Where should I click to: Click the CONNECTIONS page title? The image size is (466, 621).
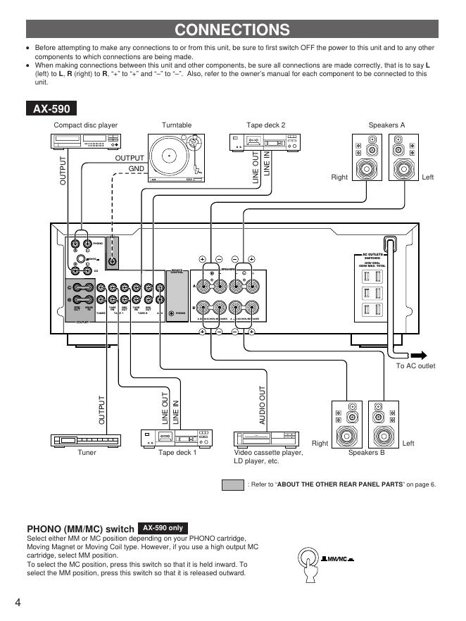(232, 30)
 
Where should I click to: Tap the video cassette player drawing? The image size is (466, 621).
(267, 437)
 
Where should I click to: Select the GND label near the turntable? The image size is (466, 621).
(137, 169)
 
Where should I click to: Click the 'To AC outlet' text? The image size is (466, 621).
(416, 366)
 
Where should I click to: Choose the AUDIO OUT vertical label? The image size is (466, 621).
(263, 404)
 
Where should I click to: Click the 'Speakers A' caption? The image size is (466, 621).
(386, 125)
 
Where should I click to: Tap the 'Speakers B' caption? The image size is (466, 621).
(367, 453)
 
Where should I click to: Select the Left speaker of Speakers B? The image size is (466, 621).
(386, 426)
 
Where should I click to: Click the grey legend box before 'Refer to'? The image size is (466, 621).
(232, 484)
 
